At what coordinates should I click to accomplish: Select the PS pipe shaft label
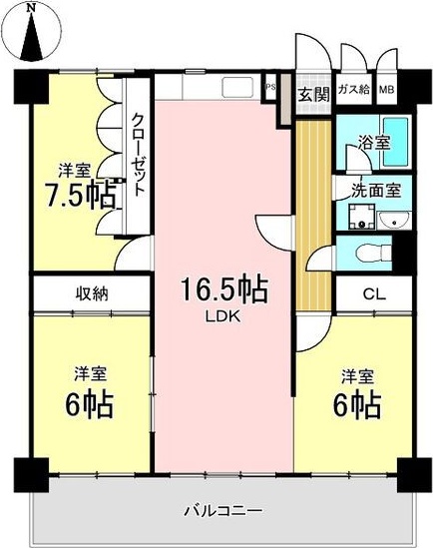click(270, 87)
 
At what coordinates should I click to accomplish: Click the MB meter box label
click(387, 90)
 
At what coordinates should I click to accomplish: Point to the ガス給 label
click(353, 89)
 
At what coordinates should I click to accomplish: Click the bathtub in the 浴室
click(396, 143)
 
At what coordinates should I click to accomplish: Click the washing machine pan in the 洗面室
click(362, 217)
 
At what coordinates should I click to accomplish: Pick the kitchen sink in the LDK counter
click(237, 88)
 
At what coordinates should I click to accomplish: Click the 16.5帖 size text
click(224, 290)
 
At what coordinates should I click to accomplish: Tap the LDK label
click(222, 317)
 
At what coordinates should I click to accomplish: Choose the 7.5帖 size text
click(81, 194)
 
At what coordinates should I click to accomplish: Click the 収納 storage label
click(92, 294)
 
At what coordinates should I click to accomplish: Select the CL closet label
click(374, 294)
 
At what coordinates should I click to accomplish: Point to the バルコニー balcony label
click(222, 511)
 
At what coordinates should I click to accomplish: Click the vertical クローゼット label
click(138, 155)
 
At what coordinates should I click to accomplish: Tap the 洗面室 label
click(376, 191)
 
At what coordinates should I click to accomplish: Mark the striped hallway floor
click(313, 216)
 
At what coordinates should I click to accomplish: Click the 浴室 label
click(374, 143)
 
